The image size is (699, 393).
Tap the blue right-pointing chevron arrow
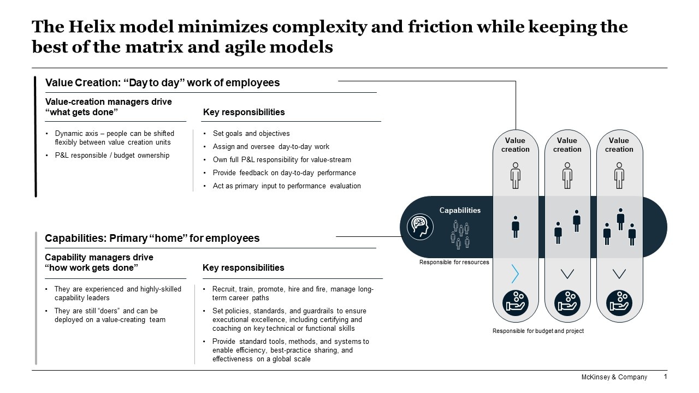(515, 273)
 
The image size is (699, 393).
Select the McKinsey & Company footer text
(614, 377)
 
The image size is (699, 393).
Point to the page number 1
(665, 377)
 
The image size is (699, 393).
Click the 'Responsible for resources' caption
(454, 263)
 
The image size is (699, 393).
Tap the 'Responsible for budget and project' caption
(538, 331)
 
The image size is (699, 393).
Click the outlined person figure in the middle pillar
(567, 175)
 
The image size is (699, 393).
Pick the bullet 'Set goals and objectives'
(251, 134)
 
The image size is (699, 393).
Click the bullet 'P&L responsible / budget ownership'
(112, 156)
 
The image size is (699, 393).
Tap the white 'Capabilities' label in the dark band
(460, 210)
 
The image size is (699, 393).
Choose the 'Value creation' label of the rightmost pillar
(619, 145)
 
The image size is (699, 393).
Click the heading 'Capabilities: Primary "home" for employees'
(152, 239)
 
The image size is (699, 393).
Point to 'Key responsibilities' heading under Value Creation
(244, 112)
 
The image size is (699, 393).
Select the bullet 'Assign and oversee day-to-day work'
(271, 147)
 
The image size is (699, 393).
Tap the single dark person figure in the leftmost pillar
(515, 227)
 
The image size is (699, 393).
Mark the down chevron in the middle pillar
(567, 273)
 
